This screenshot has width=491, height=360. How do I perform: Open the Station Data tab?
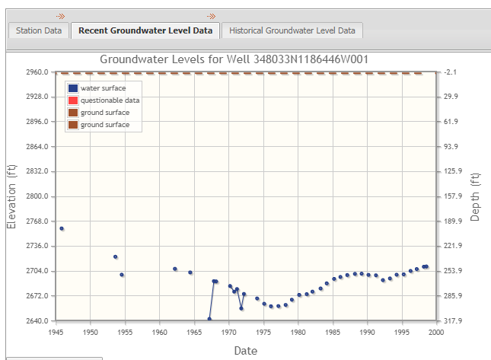tap(39, 30)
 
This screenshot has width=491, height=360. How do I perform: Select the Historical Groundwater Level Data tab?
tap(292, 30)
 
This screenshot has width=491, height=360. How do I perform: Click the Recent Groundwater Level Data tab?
tap(145, 30)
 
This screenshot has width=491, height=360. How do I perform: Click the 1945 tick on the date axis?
tap(56, 332)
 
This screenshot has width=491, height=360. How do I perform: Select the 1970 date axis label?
tap(229, 332)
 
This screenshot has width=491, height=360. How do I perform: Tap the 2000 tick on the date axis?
tap(437, 332)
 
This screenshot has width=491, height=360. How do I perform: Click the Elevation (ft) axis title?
tap(11, 196)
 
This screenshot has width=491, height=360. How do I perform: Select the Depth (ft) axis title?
tap(475, 196)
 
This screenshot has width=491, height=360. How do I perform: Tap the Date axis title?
tap(245, 350)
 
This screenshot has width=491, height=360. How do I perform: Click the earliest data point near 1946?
tap(62, 228)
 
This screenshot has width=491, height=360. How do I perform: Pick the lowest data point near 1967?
tap(209, 319)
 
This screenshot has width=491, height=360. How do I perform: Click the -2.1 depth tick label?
tap(451, 72)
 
